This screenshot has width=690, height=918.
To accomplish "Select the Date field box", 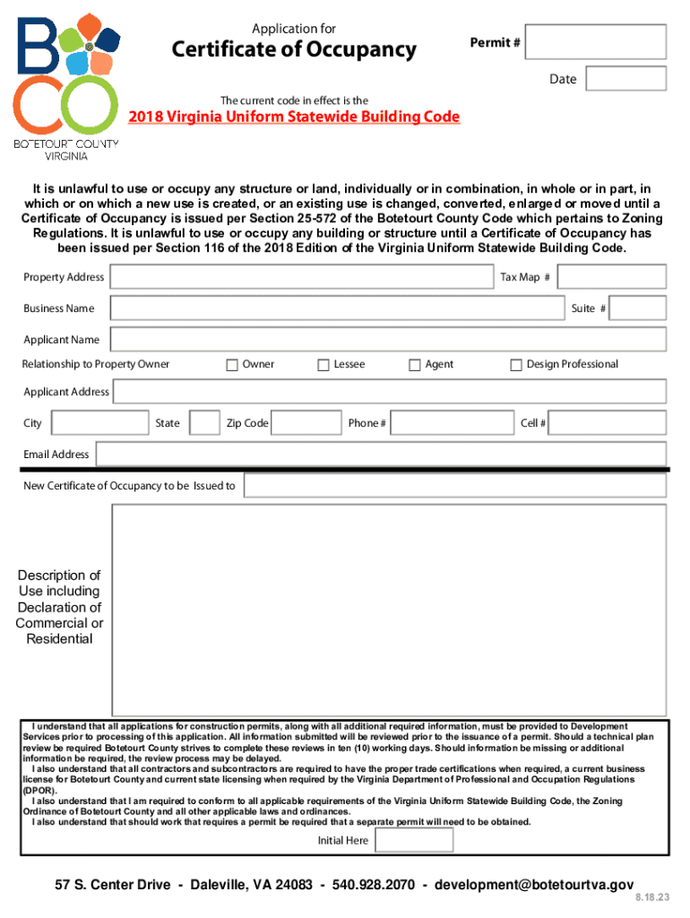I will click(x=625, y=79).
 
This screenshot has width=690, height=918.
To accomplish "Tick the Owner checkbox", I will click(x=232, y=365).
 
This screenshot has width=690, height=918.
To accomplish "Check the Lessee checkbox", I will click(x=323, y=365).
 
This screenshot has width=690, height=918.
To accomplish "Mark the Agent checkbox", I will click(x=415, y=365).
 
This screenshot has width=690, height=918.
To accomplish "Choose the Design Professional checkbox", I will click(x=516, y=365).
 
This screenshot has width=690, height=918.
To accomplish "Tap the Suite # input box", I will click(x=638, y=308).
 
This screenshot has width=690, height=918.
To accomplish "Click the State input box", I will click(x=205, y=423).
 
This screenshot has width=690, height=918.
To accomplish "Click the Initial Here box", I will click(x=414, y=840).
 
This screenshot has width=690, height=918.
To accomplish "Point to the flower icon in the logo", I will click(x=90, y=45).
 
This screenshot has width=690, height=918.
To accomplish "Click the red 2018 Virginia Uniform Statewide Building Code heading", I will click(x=295, y=117).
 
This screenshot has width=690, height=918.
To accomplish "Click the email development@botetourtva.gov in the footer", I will click(x=534, y=885).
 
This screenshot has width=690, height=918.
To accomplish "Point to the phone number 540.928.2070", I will click(x=374, y=885).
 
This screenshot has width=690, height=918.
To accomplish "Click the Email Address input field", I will click(x=381, y=455).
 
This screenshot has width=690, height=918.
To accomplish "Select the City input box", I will click(x=99, y=423).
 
